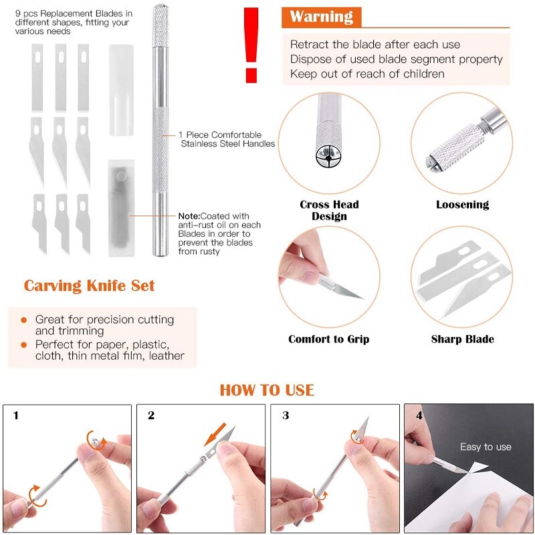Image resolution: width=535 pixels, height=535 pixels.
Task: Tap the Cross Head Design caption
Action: coord(329,210)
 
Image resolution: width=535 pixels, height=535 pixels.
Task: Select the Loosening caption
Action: coord(463,205)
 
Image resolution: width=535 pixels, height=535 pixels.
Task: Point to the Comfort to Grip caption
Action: coord(329,339)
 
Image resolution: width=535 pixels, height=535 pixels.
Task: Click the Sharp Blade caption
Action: coord(463,339)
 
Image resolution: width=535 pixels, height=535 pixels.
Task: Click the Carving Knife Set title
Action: coord(89,286)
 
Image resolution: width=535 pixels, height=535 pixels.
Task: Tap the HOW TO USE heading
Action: coord(267,390)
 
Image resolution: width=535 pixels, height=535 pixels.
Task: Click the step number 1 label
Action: coord(16,415)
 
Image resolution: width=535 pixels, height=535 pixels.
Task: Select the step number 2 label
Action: coord(151,415)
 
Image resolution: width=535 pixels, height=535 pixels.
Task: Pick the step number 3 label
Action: coord(286,415)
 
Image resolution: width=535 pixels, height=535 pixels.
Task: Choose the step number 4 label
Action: coord(419,415)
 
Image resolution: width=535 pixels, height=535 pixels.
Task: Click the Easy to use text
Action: coord(486,447)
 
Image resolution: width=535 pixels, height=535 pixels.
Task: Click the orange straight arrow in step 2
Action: coord(219,435)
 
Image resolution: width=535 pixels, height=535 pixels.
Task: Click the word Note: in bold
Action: coord(193,216)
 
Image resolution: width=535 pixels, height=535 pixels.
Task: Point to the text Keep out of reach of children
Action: coord(367,74)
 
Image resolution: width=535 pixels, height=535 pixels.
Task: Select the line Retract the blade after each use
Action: coord(375,44)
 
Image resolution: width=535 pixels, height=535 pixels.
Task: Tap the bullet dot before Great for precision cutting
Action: coord(24,320)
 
